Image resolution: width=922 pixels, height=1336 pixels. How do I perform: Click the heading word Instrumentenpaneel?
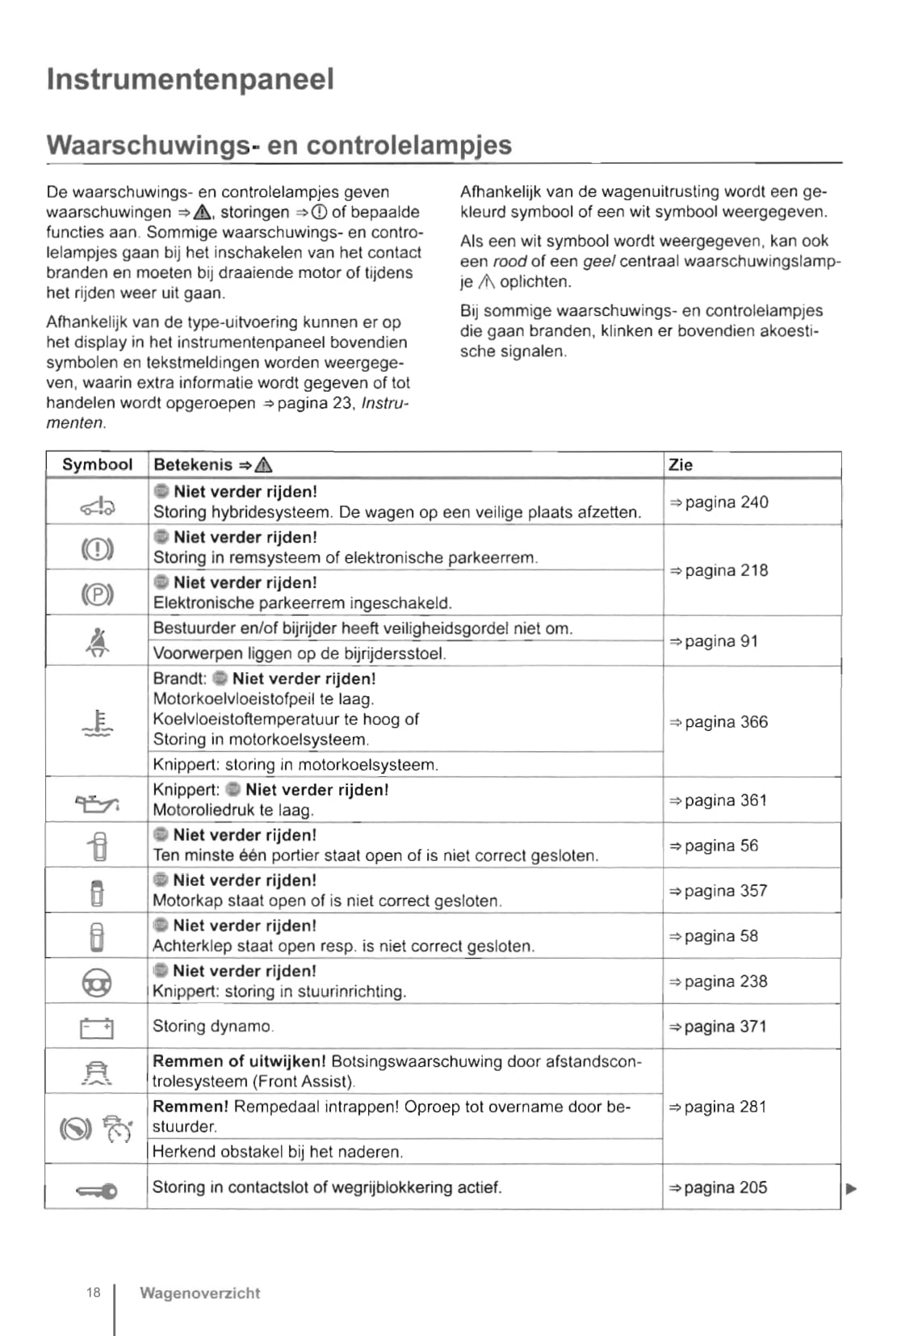[x=190, y=79]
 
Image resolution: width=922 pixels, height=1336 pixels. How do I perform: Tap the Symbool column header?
[x=97, y=464]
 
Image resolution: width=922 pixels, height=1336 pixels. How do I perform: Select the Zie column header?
[x=681, y=464]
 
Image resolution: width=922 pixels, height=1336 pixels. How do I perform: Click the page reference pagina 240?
[x=719, y=502]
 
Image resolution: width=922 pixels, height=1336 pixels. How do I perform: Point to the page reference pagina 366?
[x=719, y=722]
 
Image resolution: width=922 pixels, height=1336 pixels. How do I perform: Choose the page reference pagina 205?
[x=718, y=1187]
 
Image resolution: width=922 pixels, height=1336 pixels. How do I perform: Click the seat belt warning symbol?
[x=98, y=641]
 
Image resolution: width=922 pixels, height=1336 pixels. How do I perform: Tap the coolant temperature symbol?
[x=98, y=722]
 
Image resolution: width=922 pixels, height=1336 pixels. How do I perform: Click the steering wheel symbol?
[x=98, y=982]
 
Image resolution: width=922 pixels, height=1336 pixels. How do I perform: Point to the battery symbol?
[x=97, y=1027]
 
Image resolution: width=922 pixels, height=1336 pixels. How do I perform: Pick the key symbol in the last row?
[x=97, y=1191]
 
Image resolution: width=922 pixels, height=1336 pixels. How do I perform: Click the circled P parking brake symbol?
[x=98, y=594]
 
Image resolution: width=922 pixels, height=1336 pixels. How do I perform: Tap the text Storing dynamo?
[x=213, y=1027]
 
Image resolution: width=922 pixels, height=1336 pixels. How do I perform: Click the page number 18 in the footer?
[x=94, y=1292]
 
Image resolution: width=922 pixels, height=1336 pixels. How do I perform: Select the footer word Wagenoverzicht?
[x=199, y=1293]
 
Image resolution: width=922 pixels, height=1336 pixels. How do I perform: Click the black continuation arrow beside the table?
[x=850, y=1188]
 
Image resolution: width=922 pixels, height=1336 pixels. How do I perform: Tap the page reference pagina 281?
[x=718, y=1107]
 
